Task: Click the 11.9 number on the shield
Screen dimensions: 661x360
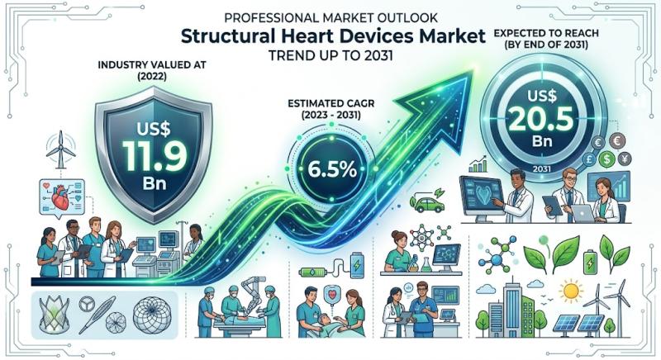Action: click(155, 156)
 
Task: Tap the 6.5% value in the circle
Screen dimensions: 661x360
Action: click(332, 169)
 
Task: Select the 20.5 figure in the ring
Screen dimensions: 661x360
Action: click(541, 118)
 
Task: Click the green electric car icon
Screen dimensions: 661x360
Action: click(430, 204)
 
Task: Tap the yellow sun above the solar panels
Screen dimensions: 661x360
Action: click(571, 291)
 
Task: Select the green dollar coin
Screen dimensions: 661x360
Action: click(606, 159)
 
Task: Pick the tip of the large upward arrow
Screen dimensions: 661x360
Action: click(472, 71)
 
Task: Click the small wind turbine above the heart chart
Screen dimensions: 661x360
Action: click(60, 149)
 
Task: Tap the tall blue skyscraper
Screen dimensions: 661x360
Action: click(511, 307)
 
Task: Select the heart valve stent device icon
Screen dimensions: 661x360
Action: click(55, 314)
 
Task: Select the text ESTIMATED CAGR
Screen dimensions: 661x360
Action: click(331, 103)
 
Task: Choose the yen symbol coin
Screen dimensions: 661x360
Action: click(625, 159)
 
